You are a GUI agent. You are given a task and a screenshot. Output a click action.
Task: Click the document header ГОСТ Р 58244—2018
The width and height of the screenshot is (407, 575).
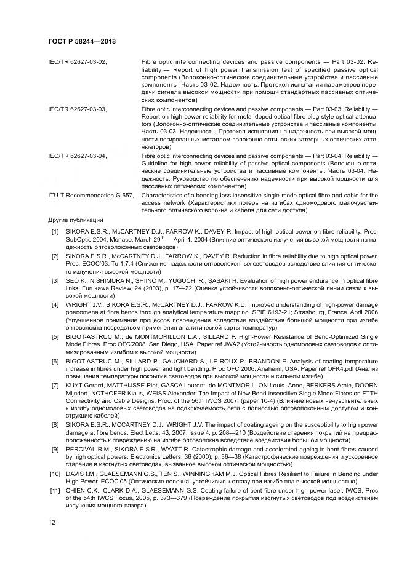click(82, 42)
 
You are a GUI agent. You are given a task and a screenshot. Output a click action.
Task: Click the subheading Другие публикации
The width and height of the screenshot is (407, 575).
click(76, 220)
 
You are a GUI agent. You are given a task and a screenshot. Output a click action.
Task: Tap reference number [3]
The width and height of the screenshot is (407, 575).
click(55, 280)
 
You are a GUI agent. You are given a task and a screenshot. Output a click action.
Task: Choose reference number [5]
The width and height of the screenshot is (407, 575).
click(55, 337)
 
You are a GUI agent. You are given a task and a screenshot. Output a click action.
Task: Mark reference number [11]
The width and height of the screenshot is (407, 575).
click(55, 488)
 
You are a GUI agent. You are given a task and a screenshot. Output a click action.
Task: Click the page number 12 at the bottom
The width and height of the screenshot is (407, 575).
click(52, 522)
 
